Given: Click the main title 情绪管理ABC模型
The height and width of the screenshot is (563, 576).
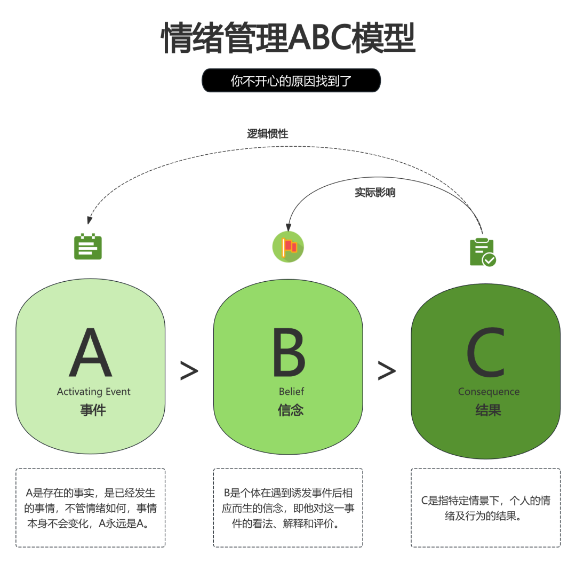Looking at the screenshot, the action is click(x=288, y=38).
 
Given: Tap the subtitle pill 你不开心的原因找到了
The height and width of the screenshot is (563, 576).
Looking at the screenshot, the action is click(x=291, y=81).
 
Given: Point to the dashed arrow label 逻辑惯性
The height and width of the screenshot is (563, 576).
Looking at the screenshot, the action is click(x=267, y=133).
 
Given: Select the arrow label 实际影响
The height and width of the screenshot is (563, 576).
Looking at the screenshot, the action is click(x=375, y=193).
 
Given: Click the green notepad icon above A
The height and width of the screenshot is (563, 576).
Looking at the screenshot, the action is click(x=88, y=247).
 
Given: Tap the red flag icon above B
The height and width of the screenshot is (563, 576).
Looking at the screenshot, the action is click(x=288, y=247).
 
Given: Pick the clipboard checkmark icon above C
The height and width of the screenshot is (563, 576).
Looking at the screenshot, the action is click(x=482, y=252).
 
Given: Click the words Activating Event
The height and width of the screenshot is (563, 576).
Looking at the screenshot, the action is click(x=94, y=392).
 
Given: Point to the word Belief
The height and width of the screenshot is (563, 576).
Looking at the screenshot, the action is click(x=291, y=392).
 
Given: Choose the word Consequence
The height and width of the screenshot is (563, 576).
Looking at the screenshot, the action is click(x=489, y=392).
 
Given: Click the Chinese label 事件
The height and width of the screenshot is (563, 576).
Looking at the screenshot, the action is click(x=93, y=410).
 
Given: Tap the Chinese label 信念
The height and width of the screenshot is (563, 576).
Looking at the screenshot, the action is click(x=291, y=410).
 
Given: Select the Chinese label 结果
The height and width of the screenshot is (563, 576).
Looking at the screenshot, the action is click(x=488, y=410).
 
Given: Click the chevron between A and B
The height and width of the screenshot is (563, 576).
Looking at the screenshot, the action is click(x=189, y=371).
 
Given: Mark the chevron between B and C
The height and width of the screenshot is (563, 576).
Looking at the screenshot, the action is click(x=387, y=371).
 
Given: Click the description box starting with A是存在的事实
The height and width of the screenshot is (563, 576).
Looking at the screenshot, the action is click(x=91, y=508).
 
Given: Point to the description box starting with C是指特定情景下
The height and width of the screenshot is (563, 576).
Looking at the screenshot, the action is click(x=485, y=508).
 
